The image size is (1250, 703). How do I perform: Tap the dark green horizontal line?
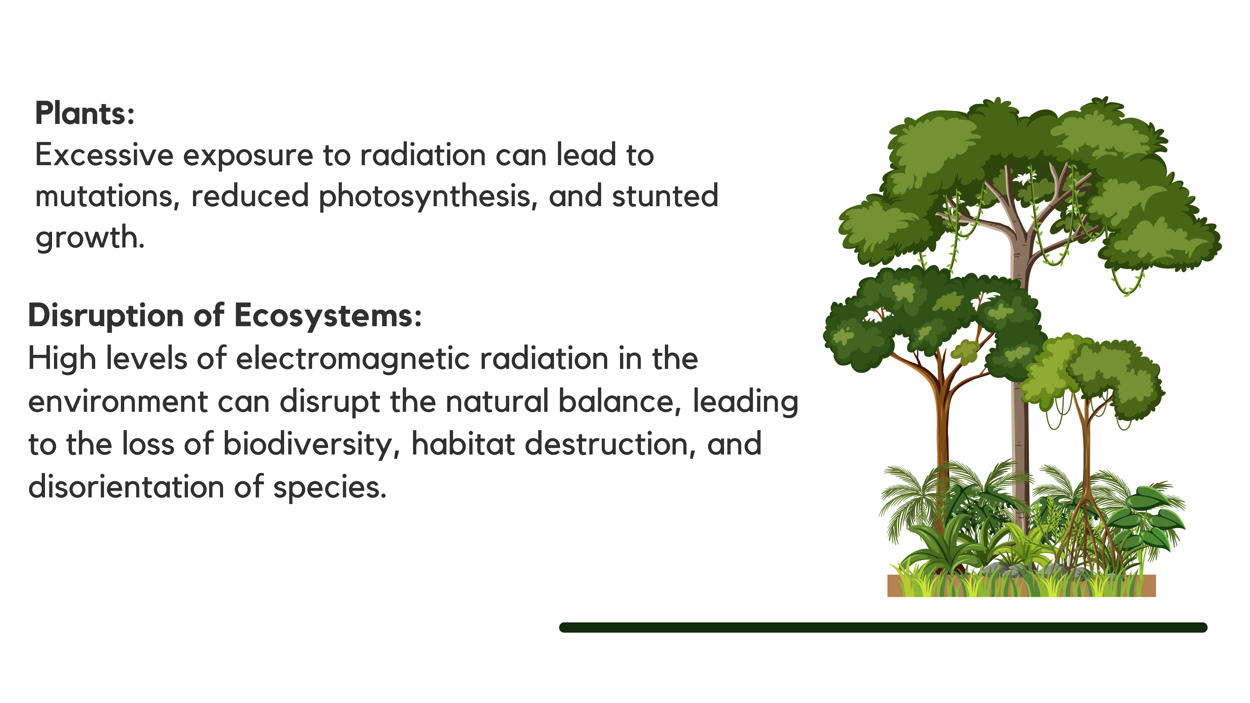tap(883, 627)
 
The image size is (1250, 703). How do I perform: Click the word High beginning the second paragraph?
tap(62, 359)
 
